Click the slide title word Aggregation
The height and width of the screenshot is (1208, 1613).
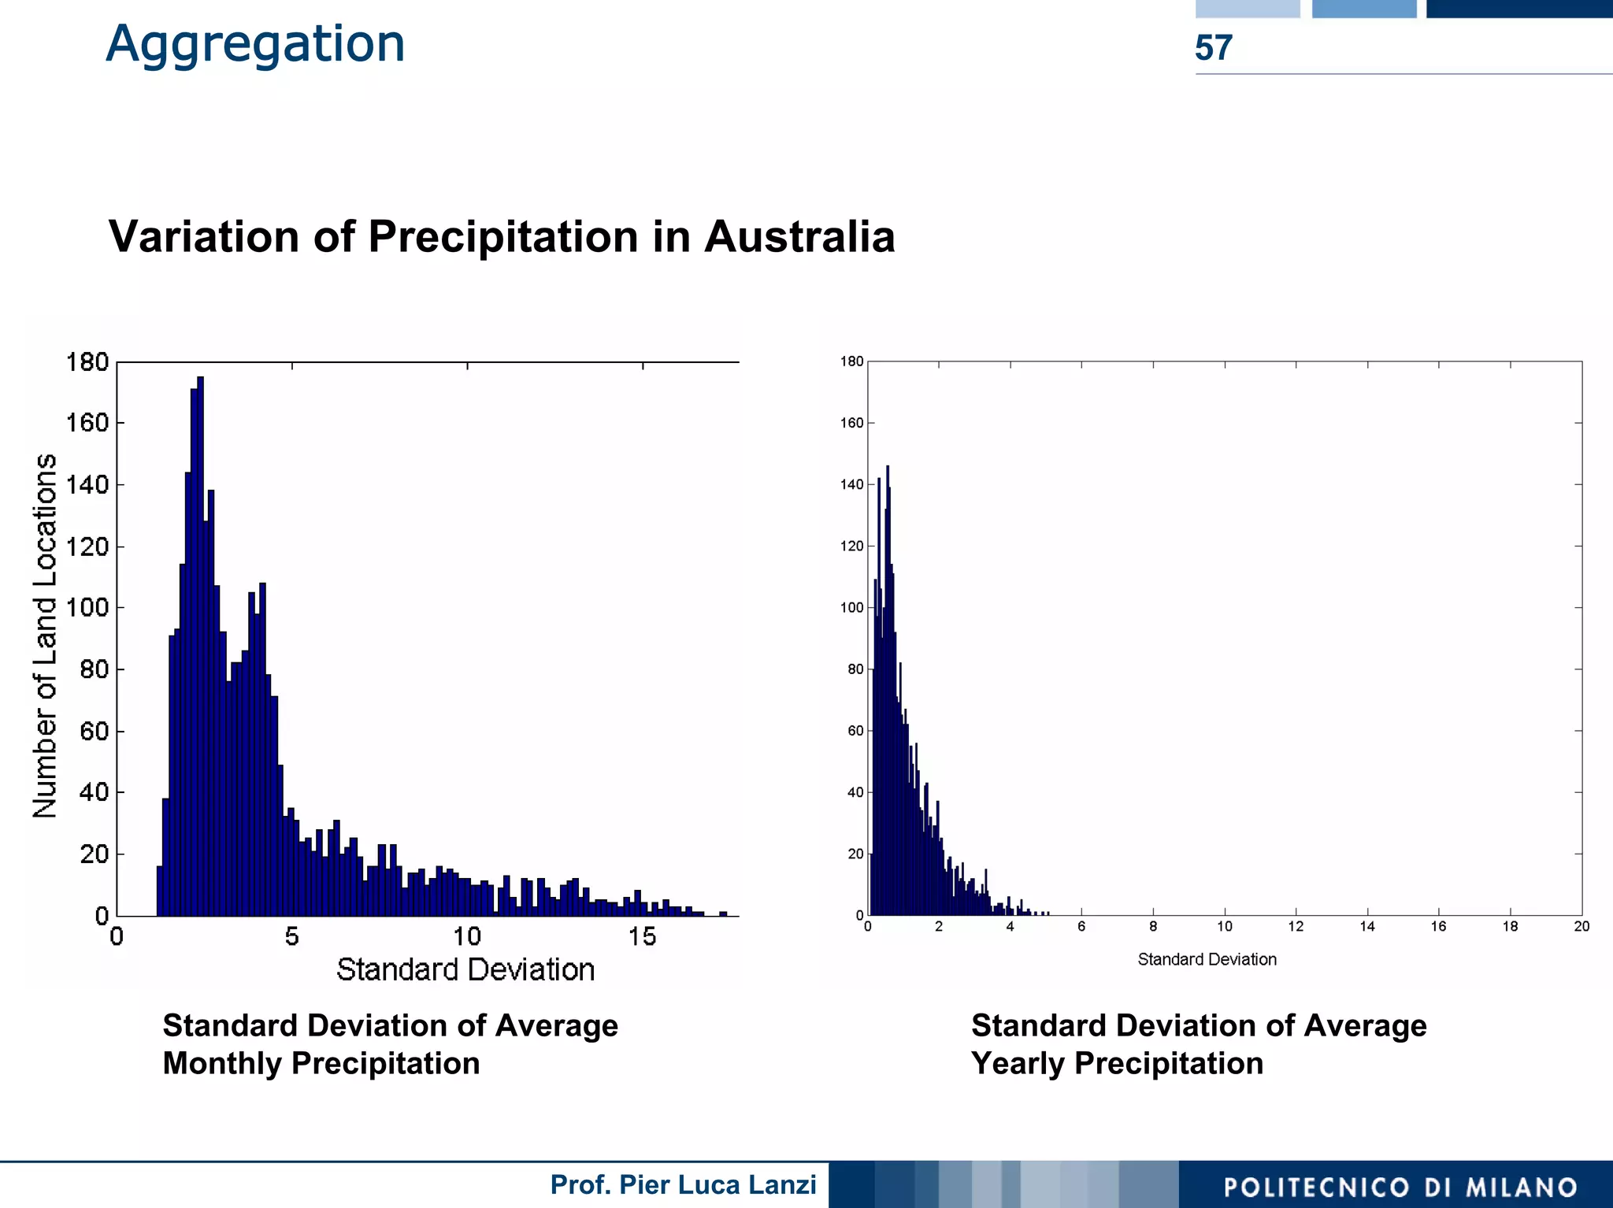tap(255, 44)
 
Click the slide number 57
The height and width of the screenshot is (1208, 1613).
tap(1213, 48)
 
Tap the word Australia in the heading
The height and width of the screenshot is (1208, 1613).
tap(799, 236)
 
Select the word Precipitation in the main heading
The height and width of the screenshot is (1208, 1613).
tap(503, 236)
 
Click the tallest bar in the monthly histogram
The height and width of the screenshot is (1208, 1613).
tap(200, 646)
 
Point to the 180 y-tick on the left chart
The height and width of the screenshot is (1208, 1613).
tap(87, 362)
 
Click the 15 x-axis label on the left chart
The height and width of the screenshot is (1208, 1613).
tap(642, 936)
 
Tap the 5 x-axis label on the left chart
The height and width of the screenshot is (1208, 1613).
tap(292, 936)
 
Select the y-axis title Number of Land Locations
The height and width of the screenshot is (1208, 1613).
tap(45, 635)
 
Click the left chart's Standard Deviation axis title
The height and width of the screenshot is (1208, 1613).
tap(465, 969)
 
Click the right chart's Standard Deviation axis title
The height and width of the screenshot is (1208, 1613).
tap(1207, 959)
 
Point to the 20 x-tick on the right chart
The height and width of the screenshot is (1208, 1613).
tap(1581, 927)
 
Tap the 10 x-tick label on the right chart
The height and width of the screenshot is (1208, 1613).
tap(1225, 927)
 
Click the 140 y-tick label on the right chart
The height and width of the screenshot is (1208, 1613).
tap(851, 484)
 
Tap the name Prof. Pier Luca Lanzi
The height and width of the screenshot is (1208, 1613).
tap(683, 1184)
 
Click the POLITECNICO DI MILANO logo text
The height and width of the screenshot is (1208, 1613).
tap(1400, 1187)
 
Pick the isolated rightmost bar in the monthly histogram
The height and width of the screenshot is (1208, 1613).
tap(723, 913)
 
